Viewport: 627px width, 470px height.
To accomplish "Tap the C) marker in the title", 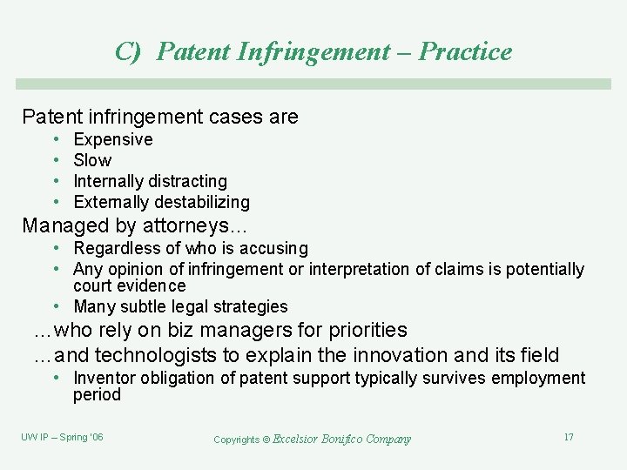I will coord(127,52).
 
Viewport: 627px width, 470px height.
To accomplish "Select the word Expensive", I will coord(113,139).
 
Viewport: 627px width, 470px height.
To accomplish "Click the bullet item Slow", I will coord(92,160).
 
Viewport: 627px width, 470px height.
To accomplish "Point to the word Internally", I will coord(109,181).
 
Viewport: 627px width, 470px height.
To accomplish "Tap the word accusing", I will coord(276,249).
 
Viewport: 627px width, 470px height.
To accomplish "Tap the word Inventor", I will coord(105,378).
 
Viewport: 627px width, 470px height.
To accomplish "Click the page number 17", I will coord(569,437).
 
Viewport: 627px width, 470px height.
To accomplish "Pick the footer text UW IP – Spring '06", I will coord(62,437).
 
